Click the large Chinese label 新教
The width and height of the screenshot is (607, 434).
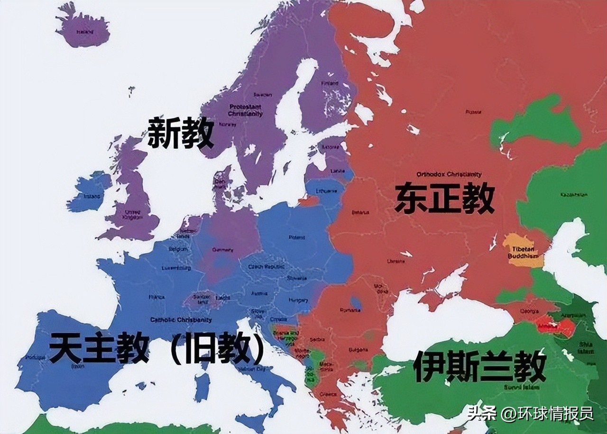click(181, 133)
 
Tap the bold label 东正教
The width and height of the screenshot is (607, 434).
click(444, 198)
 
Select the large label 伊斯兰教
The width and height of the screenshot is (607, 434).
click(479, 367)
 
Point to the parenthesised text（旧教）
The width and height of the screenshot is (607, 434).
click(217, 348)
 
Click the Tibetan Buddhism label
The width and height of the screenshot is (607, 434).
click(523, 253)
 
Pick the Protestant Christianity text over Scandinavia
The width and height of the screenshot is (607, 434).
click(245, 110)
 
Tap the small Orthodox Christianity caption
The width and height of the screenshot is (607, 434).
click(449, 174)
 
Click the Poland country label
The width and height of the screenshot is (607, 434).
click(297, 237)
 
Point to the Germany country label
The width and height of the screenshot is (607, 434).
click(222, 250)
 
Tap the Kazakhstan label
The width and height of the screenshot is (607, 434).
click(573, 195)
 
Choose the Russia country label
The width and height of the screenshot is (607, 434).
click(473, 112)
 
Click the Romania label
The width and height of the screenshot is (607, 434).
click(350, 310)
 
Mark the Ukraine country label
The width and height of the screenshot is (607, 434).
click(396, 261)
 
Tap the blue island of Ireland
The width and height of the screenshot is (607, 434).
click(90, 193)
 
